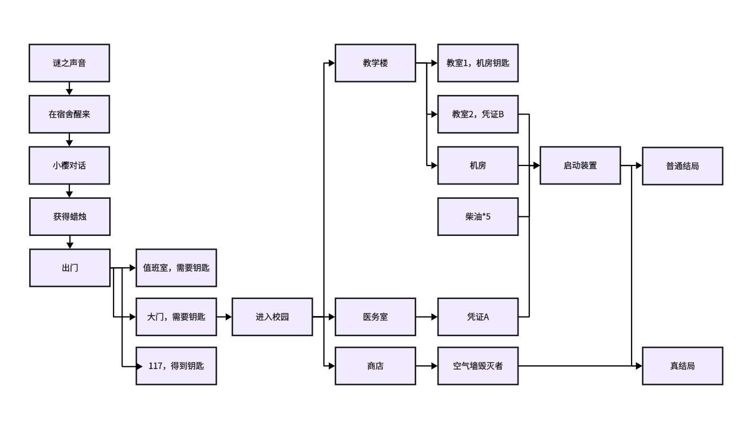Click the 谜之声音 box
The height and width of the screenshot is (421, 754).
click(69, 63)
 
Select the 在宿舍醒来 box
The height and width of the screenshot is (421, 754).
click(69, 114)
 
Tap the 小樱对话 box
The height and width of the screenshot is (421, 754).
click(69, 165)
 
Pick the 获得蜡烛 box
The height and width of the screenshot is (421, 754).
click(70, 216)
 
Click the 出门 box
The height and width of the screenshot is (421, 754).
click(70, 268)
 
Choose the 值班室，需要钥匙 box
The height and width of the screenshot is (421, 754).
click(176, 268)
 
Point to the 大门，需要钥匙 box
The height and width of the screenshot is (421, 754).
click(176, 317)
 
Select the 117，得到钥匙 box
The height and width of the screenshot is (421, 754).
click(176, 366)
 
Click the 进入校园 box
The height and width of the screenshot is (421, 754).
click(272, 317)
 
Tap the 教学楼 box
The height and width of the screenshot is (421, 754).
click(375, 63)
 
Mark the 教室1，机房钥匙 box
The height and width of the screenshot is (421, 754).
click(478, 63)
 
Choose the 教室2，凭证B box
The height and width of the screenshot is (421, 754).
click(478, 114)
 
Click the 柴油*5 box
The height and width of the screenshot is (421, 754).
click(478, 216)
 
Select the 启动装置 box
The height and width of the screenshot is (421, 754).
click(580, 165)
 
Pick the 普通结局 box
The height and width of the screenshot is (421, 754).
click(682, 166)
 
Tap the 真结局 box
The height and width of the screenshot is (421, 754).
click(682, 366)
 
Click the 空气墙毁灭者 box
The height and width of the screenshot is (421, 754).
click(478, 366)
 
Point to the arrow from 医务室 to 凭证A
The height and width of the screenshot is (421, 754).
click(427, 317)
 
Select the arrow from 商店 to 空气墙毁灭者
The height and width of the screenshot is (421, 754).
click(427, 366)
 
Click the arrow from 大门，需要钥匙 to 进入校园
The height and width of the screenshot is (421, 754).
click(224, 317)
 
